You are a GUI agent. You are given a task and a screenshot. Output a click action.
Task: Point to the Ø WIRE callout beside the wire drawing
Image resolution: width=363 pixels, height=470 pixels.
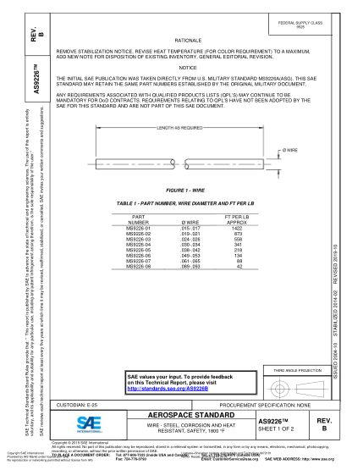click(x=288, y=150)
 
